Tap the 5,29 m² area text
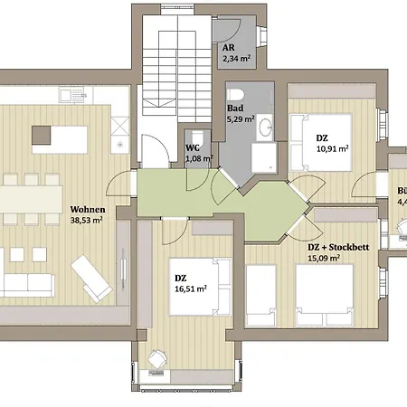coord(241,118)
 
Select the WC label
coord(193,147)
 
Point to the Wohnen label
coord(88,208)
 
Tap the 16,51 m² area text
coord(190,290)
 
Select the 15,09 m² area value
coord(324,258)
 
